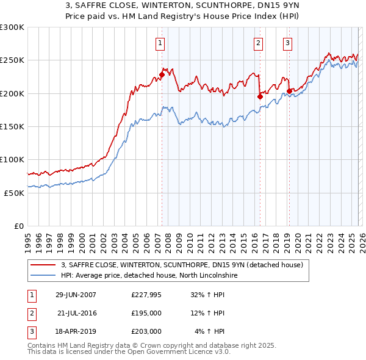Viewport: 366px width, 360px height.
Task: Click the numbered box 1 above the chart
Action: (x=159, y=43)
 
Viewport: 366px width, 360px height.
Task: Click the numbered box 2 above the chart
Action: (x=258, y=43)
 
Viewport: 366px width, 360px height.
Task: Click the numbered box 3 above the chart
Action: (x=287, y=43)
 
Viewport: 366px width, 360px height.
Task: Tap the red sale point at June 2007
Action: (x=162, y=75)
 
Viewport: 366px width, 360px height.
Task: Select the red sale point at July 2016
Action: (x=260, y=96)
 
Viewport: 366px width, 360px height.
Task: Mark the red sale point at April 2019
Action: (x=289, y=92)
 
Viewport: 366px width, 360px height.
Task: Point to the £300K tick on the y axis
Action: (x=12, y=27)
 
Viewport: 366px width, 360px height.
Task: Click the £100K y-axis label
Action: (x=12, y=159)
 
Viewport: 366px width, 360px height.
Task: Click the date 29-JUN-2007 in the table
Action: (x=76, y=294)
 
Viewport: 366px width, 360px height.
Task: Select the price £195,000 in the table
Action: (x=146, y=313)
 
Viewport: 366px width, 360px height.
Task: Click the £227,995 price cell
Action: (x=146, y=294)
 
